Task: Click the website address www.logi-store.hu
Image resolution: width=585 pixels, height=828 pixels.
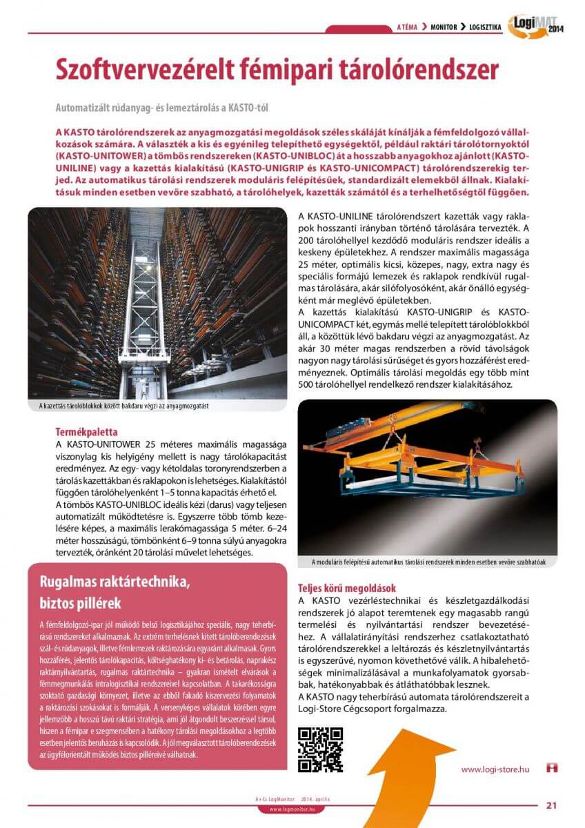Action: (x=495, y=769)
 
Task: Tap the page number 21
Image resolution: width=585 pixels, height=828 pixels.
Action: (x=551, y=804)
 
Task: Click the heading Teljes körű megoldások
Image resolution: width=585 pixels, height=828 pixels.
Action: (x=346, y=589)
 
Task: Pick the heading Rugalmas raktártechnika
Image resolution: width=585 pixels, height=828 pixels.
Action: (x=115, y=582)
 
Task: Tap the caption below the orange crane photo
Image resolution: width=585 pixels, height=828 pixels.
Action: (x=428, y=562)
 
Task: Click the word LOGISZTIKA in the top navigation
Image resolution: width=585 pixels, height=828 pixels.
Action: (x=485, y=28)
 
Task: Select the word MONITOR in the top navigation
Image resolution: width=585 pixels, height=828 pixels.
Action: (x=444, y=28)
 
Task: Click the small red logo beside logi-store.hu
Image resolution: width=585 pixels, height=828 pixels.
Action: (x=551, y=768)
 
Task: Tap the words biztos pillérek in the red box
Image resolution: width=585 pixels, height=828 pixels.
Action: (x=81, y=602)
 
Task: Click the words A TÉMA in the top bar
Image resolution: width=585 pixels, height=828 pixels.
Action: (x=408, y=28)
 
